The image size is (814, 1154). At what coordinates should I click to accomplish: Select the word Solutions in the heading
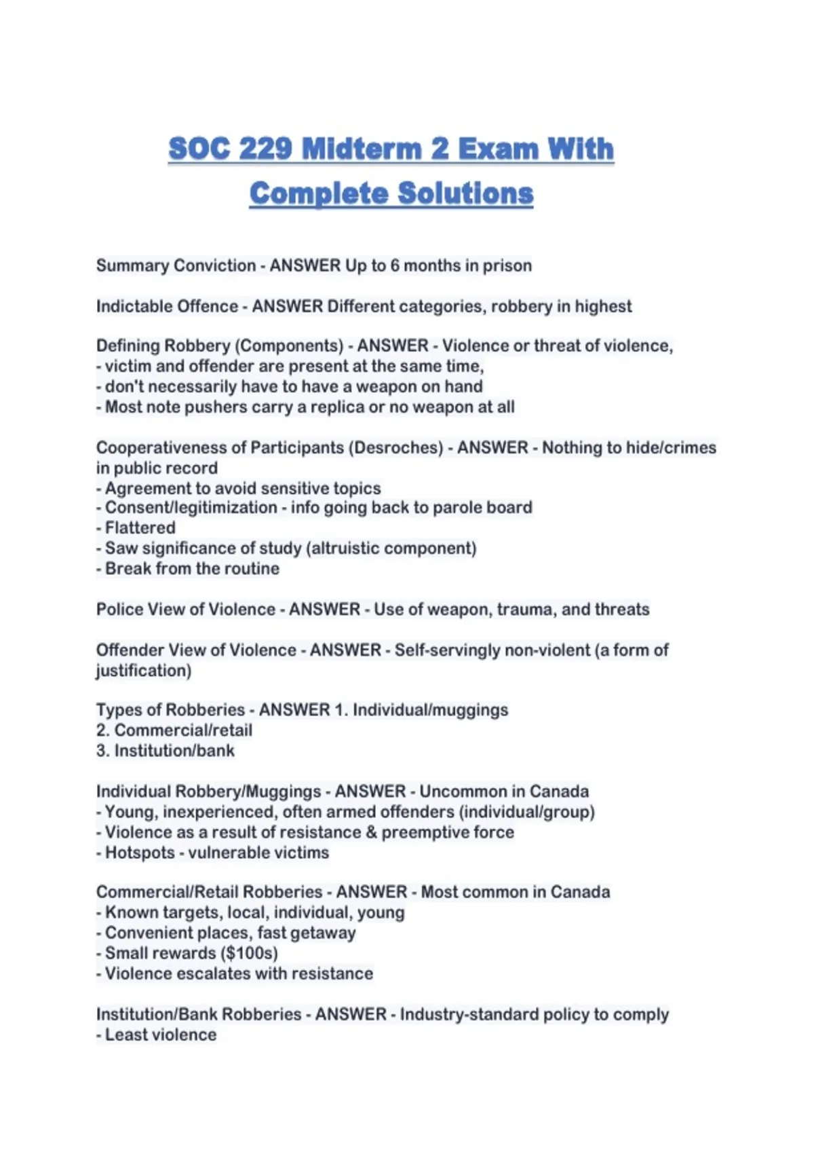point(465,193)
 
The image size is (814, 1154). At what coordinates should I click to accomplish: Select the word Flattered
point(140,527)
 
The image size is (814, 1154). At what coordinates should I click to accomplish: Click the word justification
point(143,670)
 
